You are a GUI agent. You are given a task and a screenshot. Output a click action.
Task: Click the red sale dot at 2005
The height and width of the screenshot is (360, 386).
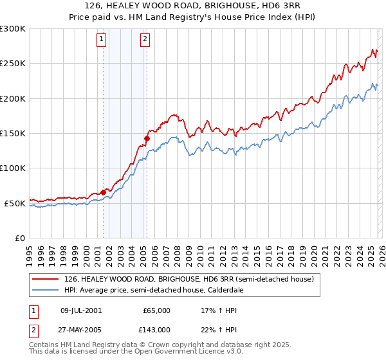pyautogui.click(x=147, y=138)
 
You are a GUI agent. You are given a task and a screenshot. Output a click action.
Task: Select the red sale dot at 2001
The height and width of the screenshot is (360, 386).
pyautogui.click(x=103, y=192)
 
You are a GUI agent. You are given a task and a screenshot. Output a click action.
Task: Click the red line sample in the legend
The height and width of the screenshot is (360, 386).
pyautogui.click(x=46, y=279)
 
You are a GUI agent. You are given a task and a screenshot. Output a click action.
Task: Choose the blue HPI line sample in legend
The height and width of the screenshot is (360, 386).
pyautogui.click(x=46, y=290)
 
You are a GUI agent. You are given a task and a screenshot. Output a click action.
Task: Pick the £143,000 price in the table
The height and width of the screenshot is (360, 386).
pyautogui.click(x=156, y=329)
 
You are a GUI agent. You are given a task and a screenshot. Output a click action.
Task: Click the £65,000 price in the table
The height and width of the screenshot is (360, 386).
pyautogui.click(x=156, y=310)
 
